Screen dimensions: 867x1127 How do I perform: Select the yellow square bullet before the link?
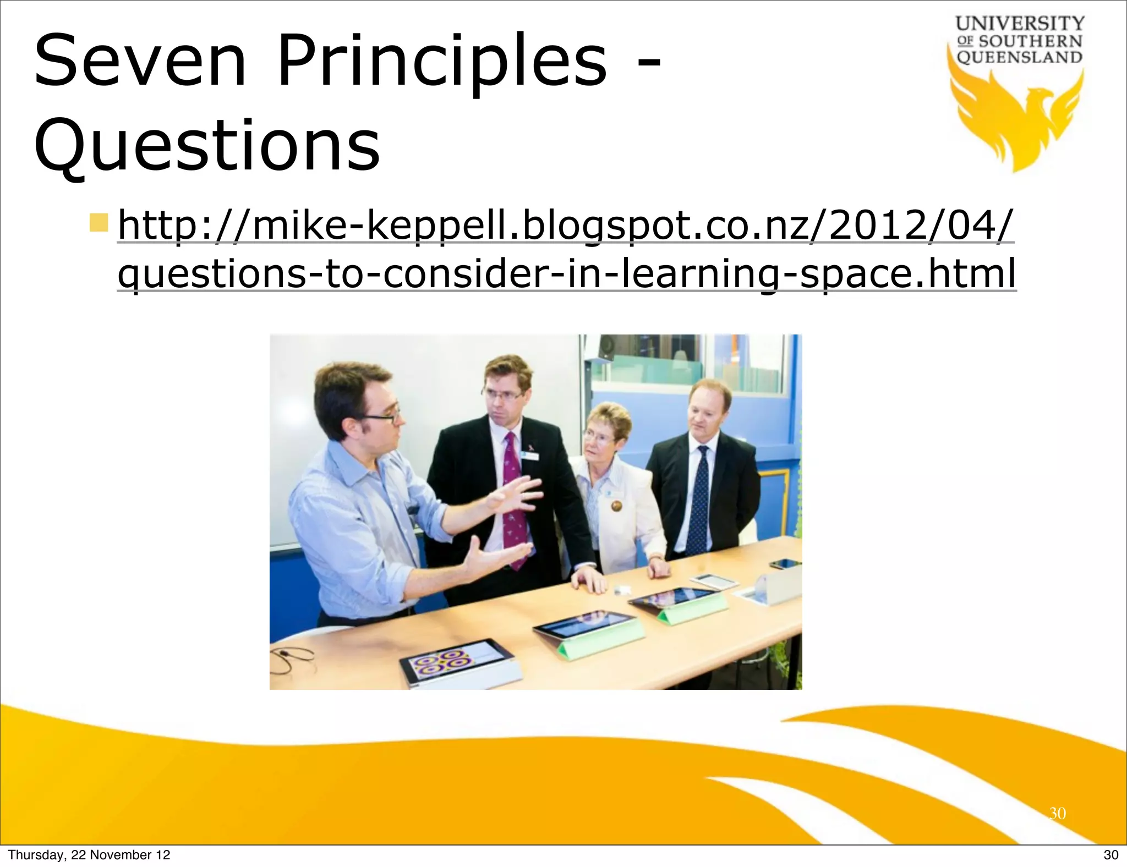pyautogui.click(x=100, y=223)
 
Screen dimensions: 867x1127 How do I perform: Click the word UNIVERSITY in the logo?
pyautogui.click(x=1020, y=24)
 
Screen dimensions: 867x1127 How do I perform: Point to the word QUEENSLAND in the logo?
pyautogui.click(x=1020, y=57)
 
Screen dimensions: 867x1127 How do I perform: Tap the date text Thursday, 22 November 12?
pyautogui.click(x=89, y=854)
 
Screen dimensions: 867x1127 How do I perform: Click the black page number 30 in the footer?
pyautogui.click(x=1110, y=854)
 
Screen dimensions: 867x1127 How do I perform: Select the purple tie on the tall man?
pyautogui.click(x=513, y=501)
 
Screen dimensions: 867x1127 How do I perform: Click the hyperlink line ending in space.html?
pyautogui.click(x=567, y=273)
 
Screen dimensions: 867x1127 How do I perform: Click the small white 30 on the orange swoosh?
pyautogui.click(x=1057, y=813)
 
